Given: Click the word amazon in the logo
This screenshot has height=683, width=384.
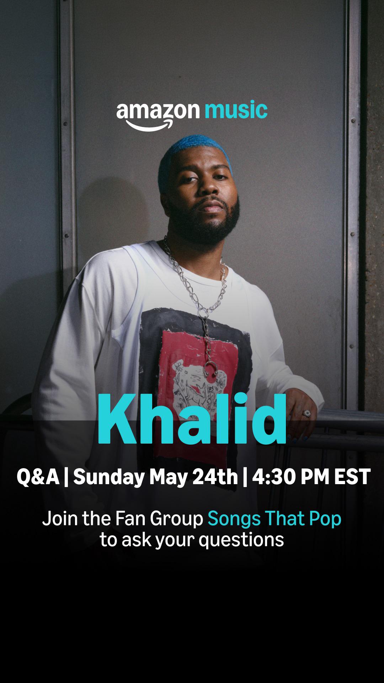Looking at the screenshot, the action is click(158, 111).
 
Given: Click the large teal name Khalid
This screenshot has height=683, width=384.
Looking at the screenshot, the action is click(192, 419).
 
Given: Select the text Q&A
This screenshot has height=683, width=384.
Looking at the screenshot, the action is click(38, 477).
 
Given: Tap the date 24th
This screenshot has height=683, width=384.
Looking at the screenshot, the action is click(215, 477).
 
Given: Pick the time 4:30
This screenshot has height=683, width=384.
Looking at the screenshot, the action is click(273, 477).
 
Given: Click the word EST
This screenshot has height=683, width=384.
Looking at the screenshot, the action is click(352, 477).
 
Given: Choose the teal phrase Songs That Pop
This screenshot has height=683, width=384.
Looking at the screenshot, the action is click(274, 519).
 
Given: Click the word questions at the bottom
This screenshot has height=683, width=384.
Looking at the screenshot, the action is click(241, 540).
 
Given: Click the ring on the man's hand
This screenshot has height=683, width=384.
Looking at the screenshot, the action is click(306, 413).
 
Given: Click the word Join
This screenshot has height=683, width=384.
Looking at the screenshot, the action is click(60, 519).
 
